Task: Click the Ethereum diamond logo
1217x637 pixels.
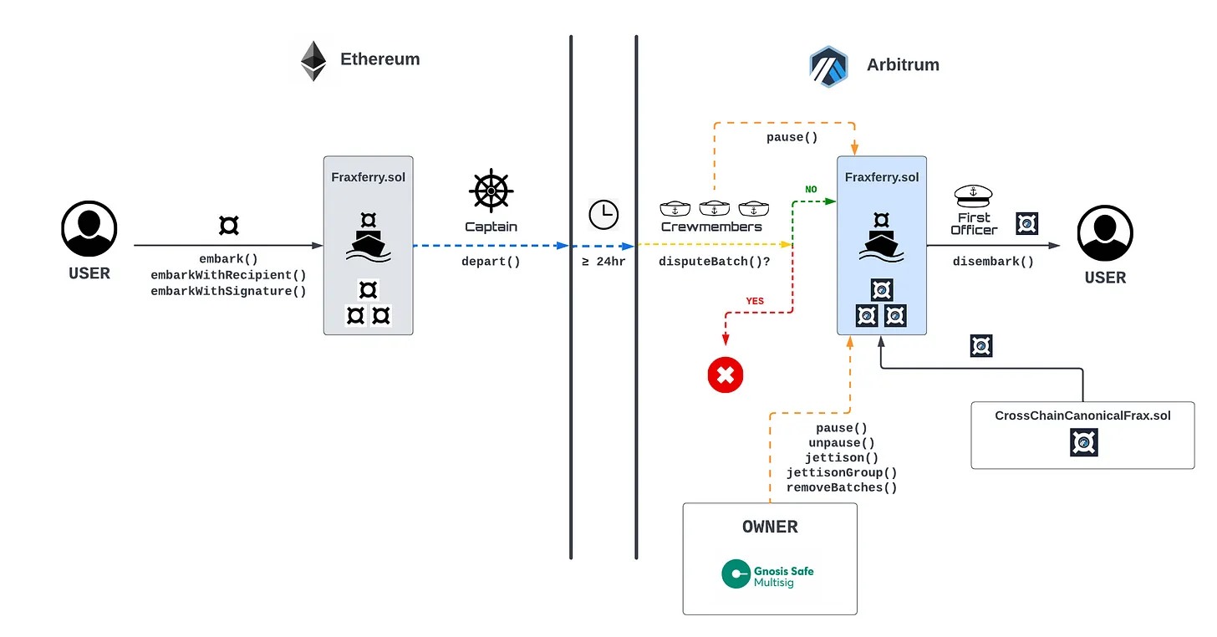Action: click(313, 61)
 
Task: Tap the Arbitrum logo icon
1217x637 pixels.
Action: click(828, 66)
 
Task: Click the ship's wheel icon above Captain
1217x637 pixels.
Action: click(491, 191)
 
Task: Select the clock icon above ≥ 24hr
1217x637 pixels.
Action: click(603, 215)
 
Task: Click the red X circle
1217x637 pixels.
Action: click(725, 375)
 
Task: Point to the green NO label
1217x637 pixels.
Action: click(811, 190)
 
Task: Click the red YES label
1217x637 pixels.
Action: click(755, 301)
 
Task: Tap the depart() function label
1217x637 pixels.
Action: click(491, 261)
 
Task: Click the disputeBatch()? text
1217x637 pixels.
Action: click(715, 261)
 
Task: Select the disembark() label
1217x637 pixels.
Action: click(993, 261)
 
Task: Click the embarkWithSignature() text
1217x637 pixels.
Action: click(228, 291)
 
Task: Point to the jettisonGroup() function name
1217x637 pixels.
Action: click(842, 472)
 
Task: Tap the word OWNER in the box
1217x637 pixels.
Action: click(770, 527)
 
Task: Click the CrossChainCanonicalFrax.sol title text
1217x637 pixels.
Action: click(1082, 415)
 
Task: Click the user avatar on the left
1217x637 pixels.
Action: click(89, 228)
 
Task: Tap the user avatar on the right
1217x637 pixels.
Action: click(1105, 233)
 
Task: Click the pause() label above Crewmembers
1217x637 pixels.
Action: click(792, 136)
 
